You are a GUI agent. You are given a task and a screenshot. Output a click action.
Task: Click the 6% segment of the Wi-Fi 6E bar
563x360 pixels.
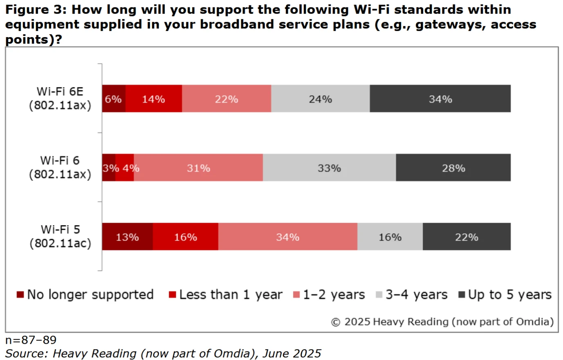(x=113, y=99)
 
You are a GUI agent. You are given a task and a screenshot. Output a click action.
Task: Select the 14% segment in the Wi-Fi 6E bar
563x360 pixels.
(x=153, y=99)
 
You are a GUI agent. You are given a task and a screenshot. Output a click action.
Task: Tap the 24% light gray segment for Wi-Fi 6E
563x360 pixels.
(x=320, y=99)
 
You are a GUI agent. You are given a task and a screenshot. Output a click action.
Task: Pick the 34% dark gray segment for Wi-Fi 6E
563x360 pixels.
(x=440, y=99)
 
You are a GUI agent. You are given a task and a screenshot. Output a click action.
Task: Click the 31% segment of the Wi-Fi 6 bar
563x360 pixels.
(x=198, y=168)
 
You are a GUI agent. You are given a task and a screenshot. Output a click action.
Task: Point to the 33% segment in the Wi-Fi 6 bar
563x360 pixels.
(x=329, y=168)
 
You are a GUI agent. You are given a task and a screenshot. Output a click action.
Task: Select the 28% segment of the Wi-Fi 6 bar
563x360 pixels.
(x=453, y=168)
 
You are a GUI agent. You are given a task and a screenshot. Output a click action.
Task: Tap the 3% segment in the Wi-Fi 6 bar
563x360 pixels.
(x=108, y=168)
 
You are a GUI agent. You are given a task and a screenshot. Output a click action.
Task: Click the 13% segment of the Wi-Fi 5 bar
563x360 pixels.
(x=127, y=237)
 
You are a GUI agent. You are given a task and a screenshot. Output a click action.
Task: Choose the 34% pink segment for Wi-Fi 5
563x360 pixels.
(x=287, y=237)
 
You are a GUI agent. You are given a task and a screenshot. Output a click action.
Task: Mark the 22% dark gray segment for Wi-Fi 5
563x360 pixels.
(x=467, y=237)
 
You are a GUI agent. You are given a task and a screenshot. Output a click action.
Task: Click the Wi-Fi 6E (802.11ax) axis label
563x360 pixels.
(x=60, y=98)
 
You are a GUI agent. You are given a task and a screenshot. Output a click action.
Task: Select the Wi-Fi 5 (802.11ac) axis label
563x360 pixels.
(x=60, y=237)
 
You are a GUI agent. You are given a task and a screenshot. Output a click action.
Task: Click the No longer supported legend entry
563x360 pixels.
(x=85, y=295)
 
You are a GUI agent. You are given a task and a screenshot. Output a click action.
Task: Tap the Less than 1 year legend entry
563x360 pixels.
(x=225, y=295)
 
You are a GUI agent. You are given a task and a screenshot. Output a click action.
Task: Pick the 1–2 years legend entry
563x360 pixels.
(x=329, y=295)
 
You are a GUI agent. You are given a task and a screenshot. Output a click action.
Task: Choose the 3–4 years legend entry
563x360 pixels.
(x=411, y=295)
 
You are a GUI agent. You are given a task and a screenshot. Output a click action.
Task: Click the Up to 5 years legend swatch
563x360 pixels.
(x=462, y=295)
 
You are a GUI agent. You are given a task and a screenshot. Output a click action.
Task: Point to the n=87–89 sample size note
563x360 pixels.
(x=31, y=340)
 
